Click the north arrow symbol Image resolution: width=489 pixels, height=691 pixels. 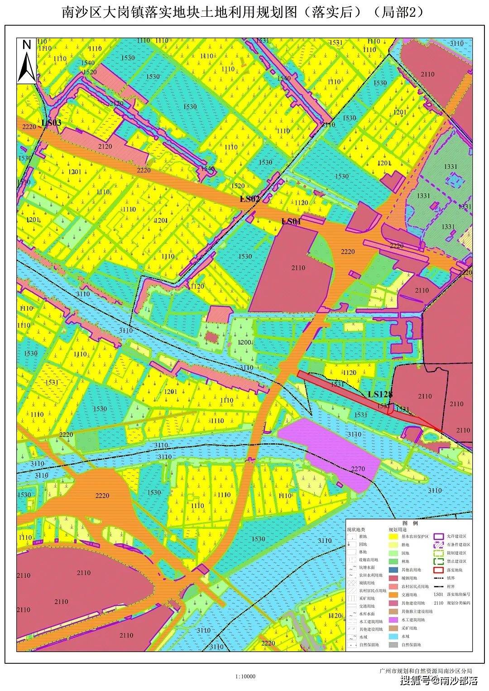point(27,61)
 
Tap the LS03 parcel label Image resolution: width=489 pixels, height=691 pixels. point(51,123)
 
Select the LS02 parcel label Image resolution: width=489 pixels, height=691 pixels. point(249,199)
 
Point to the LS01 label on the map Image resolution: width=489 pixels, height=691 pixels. point(291,221)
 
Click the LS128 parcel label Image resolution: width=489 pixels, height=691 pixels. point(380,394)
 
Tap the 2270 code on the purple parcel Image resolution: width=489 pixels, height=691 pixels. point(357,469)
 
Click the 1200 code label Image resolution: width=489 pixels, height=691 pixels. point(244,342)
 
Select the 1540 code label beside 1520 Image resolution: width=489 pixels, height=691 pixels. point(88,63)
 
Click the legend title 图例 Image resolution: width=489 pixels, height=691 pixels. point(409,522)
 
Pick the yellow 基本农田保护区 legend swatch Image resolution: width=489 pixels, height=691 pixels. point(393,536)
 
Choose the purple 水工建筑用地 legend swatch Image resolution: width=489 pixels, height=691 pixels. point(393,619)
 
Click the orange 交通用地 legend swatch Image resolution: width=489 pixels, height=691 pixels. point(393,595)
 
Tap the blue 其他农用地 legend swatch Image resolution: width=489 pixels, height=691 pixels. point(393,570)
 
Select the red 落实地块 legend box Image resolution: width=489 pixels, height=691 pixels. point(437,570)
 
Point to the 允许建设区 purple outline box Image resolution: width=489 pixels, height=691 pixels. point(437,536)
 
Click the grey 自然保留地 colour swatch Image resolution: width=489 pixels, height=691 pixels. point(393,644)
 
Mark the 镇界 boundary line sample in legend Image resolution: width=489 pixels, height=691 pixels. point(437,578)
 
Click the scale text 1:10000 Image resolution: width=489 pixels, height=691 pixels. point(245,677)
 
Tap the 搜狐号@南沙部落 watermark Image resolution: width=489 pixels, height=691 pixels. point(439,681)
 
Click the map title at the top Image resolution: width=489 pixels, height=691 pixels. point(244,12)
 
